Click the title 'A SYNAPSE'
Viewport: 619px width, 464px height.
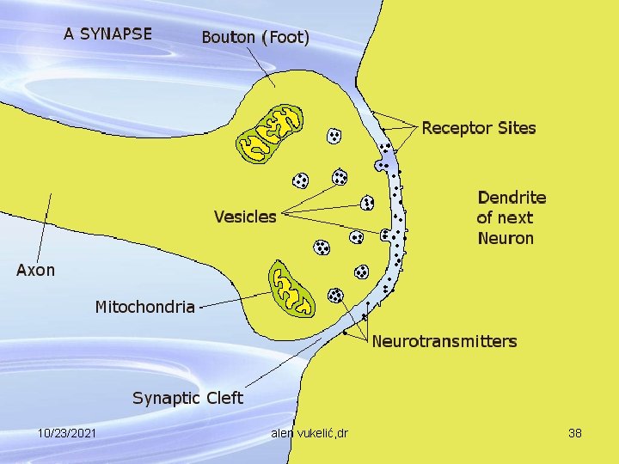click(x=107, y=34)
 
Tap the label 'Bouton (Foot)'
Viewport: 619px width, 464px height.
click(x=255, y=38)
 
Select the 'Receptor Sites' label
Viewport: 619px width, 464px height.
click(x=478, y=128)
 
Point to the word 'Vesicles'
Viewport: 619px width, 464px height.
click(x=245, y=216)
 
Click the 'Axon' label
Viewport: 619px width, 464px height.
click(x=36, y=270)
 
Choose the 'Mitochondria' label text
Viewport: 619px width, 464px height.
click(x=144, y=307)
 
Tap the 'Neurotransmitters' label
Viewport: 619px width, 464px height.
click(x=444, y=341)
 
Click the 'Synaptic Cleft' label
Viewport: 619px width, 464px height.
click(x=187, y=398)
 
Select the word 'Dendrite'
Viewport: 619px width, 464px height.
click(x=512, y=198)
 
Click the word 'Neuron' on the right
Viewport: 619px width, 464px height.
click(x=506, y=238)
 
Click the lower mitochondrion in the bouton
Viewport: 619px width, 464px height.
click(x=292, y=289)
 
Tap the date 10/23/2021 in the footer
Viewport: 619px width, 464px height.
click(x=66, y=433)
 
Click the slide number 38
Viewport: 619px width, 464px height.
click(x=575, y=433)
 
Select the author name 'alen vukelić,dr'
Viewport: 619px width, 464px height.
click(x=309, y=433)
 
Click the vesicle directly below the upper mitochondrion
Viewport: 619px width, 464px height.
click(x=300, y=180)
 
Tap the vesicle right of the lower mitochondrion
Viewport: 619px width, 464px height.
click(x=335, y=296)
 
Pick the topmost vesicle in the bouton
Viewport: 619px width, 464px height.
click(x=333, y=136)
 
